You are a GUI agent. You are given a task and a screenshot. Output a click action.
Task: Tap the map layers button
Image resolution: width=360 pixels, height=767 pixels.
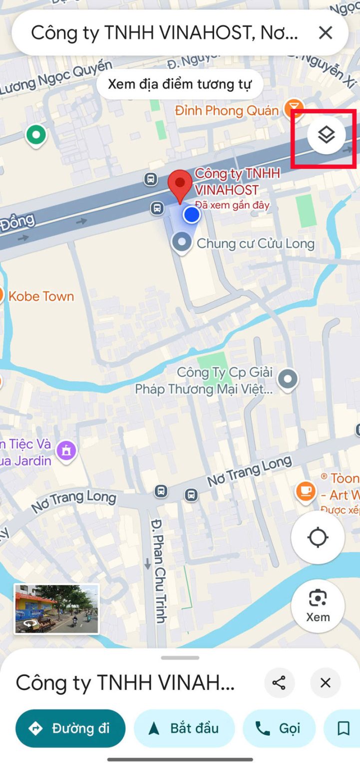[x=326, y=135]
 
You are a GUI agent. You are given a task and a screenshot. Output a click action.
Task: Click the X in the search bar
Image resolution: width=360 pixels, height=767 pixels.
[x=326, y=33]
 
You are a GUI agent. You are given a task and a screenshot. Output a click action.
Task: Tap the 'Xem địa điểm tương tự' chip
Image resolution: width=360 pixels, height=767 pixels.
[x=180, y=84]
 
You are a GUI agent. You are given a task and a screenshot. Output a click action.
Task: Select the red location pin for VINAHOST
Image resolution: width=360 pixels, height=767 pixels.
[x=180, y=185]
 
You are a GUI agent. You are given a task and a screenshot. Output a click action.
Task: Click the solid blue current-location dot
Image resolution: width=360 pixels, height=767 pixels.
[x=191, y=215]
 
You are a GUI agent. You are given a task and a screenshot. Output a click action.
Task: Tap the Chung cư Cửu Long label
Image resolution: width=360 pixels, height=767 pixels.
[x=255, y=244]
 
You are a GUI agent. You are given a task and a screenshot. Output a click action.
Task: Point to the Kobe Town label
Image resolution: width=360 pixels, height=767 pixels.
[x=41, y=297]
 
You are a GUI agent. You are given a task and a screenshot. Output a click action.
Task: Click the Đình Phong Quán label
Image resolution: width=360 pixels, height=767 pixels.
[x=226, y=110]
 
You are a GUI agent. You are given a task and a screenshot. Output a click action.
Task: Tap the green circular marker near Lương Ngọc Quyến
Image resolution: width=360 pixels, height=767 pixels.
[x=35, y=134]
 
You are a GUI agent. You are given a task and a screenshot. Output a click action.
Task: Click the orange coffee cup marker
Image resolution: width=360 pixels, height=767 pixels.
[x=306, y=490]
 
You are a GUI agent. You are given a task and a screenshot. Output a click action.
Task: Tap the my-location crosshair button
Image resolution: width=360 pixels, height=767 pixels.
[x=318, y=538]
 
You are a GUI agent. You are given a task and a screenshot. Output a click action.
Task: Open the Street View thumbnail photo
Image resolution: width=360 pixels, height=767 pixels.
[x=56, y=609]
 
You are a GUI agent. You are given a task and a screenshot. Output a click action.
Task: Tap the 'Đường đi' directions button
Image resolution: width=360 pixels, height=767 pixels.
[x=70, y=729]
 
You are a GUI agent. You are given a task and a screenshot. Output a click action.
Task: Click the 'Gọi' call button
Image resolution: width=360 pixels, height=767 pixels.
[x=279, y=729]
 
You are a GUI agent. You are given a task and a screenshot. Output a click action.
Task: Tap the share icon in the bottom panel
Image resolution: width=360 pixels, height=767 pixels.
[x=279, y=683]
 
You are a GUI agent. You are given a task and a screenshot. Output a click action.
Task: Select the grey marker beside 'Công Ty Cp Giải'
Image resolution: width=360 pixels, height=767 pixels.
[x=288, y=379]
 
